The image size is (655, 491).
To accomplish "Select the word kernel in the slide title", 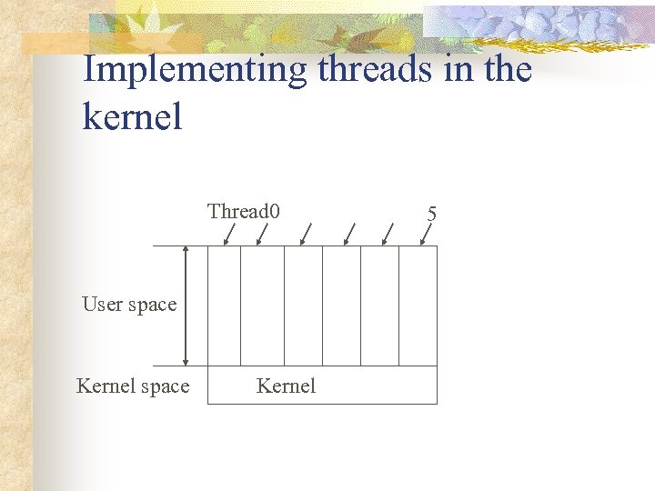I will click(x=132, y=116).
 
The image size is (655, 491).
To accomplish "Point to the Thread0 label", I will click(x=243, y=212).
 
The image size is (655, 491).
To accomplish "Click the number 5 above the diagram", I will click(x=432, y=214).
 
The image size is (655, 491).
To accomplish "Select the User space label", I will click(x=129, y=305).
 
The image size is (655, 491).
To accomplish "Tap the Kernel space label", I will click(x=133, y=386).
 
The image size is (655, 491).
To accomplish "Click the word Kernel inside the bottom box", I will click(x=286, y=386).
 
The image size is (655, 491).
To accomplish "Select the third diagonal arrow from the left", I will click(x=307, y=235).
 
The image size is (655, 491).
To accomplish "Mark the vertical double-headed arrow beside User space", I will click(x=186, y=306).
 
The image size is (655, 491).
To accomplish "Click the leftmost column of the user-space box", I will click(x=224, y=306).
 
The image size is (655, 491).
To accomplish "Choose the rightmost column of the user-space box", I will click(x=418, y=306).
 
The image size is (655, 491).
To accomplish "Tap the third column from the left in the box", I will click(x=303, y=306).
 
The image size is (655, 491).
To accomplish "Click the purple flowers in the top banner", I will click(x=546, y=23).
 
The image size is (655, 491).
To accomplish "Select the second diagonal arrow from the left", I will click(x=262, y=235).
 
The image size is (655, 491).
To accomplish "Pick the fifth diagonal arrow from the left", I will click(x=387, y=235).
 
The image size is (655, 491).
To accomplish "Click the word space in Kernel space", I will click(x=165, y=387).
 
